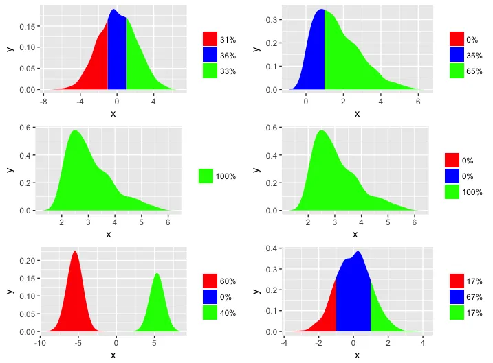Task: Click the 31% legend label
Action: [228, 40]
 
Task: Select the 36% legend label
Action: [228, 55]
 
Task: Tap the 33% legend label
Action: [228, 71]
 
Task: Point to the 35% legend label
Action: [474, 55]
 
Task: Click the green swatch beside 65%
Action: [457, 71]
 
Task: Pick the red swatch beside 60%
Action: [210, 281]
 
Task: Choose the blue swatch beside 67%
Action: [457, 296]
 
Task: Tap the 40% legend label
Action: [228, 312]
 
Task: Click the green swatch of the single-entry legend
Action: [206, 176]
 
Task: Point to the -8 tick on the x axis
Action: [43, 102]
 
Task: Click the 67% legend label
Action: [474, 296]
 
